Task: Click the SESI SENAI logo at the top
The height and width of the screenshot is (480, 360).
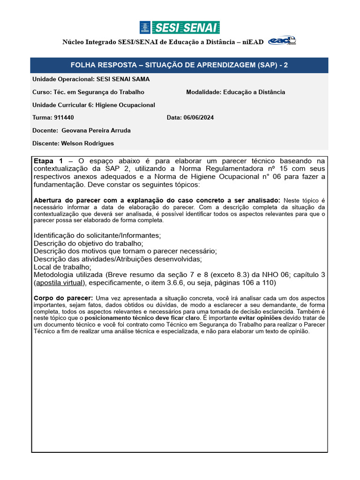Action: (x=180, y=28)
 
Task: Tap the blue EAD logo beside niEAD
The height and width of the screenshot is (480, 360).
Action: (x=282, y=42)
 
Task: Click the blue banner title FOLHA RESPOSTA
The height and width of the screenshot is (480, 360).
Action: (x=179, y=65)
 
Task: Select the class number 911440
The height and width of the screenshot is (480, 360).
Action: (x=63, y=118)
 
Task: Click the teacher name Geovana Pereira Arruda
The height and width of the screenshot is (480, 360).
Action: (x=96, y=130)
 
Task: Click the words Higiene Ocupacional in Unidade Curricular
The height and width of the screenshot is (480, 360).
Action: (x=125, y=105)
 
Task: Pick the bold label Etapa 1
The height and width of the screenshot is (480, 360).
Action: (x=48, y=161)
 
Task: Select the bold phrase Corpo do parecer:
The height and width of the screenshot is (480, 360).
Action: (x=63, y=298)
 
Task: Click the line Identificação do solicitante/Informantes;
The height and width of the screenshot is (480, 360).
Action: (x=97, y=235)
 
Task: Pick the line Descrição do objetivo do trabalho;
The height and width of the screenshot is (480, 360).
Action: (x=89, y=243)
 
